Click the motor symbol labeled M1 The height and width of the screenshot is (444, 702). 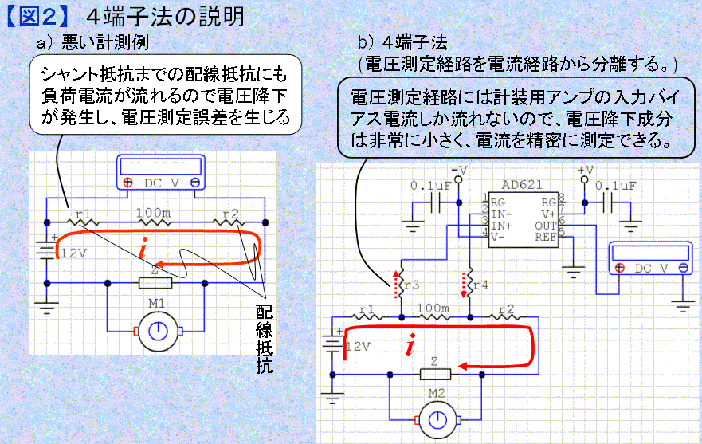tap(158, 332)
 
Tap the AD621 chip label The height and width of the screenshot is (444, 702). tap(522, 185)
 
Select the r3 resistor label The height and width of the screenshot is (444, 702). tap(412, 285)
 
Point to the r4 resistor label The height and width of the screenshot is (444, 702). tap(480, 285)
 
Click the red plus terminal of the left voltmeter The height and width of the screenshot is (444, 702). tap(128, 183)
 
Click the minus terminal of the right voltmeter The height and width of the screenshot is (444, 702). tap(683, 268)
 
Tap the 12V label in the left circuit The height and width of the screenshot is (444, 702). tap(73, 253)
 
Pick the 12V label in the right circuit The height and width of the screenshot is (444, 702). tap(358, 346)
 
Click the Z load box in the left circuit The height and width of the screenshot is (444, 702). tap(155, 283)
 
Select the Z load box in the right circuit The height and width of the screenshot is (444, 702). tap(435, 374)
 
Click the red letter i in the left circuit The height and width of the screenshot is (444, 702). tap(143, 247)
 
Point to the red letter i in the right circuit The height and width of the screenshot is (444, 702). tap(410, 344)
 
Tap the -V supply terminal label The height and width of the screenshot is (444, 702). tap(459, 171)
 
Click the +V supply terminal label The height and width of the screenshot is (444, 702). tap(586, 171)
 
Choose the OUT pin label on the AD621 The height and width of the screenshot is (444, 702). tap(545, 226)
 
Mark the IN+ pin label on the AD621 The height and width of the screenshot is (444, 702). tap(501, 226)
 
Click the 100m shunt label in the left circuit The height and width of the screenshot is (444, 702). tap(154, 213)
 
